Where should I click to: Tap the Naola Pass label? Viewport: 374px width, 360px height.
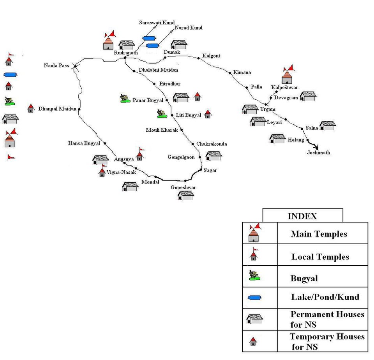click(56, 65)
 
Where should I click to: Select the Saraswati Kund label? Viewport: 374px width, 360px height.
click(157, 23)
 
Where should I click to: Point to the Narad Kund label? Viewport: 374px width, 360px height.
click(189, 28)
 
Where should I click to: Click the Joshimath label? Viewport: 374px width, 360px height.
click(317, 153)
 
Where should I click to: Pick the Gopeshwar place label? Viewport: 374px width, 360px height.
click(183, 188)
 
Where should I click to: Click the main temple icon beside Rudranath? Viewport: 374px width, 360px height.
click(109, 41)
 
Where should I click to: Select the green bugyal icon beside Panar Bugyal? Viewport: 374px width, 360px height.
click(125, 99)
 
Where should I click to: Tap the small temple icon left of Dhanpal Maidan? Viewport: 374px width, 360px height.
click(31, 108)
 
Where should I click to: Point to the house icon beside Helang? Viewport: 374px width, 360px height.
click(277, 139)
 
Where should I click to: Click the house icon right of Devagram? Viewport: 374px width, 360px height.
click(308, 96)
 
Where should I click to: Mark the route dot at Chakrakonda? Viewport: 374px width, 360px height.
click(193, 144)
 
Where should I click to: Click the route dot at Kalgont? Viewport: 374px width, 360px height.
click(199, 58)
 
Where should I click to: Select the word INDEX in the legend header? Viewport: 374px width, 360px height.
click(302, 216)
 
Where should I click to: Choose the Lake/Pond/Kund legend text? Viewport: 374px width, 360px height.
click(325, 297)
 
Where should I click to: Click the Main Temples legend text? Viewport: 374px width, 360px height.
click(319, 234)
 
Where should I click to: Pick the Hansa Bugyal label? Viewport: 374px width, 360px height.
click(84, 143)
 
